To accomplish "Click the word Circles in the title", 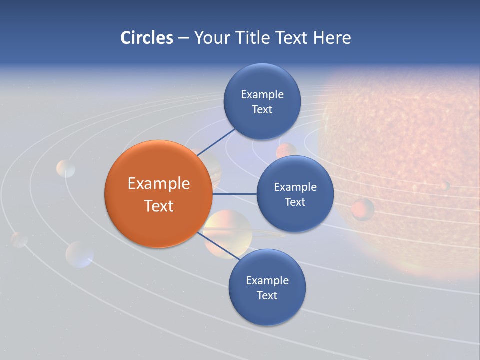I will point(146,38).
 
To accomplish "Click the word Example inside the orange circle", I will point(158,184).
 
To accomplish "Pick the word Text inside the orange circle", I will point(158,206).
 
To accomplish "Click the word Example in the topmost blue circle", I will point(262,94).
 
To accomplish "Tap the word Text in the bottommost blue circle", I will point(267,295).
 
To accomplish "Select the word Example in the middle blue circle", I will point(295,187).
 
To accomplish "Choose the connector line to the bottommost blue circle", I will point(215,245).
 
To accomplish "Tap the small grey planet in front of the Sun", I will point(444,186).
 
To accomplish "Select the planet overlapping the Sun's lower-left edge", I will point(362,209).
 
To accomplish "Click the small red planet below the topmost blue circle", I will point(286,150).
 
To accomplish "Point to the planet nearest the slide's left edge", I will point(19,239).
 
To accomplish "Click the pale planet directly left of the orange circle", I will point(66,169).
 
